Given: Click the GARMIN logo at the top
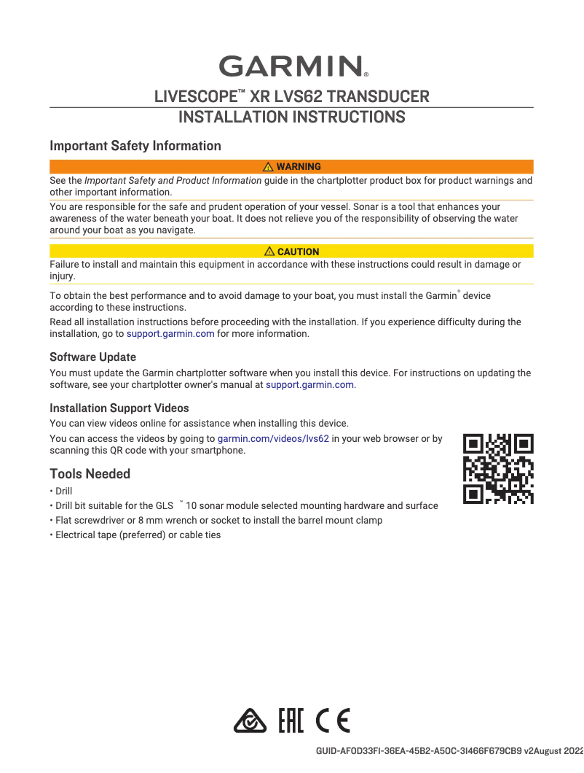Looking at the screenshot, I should pyautogui.click(x=292, y=66).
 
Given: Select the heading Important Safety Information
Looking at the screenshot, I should pyautogui.click(x=135, y=146).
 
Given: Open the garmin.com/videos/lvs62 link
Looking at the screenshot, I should pyautogui.click(x=273, y=439).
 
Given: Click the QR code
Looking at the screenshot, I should pyautogui.click(x=499, y=468).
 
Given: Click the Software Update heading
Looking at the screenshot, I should pyautogui.click(x=92, y=357).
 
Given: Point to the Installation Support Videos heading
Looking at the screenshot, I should pyautogui.click(x=119, y=408).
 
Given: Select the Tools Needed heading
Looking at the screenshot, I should pyautogui.click(x=90, y=474).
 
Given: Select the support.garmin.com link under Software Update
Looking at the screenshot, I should pyautogui.click(x=310, y=384).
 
